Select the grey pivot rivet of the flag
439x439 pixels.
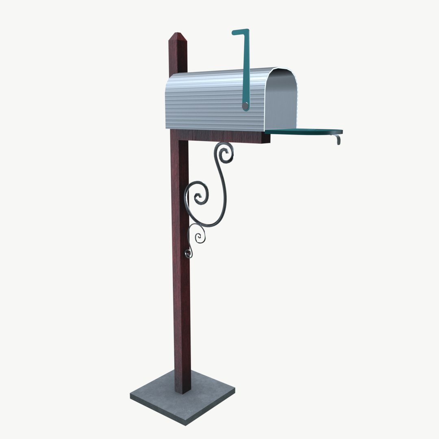[x=245, y=106]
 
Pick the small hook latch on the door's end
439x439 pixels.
[x=337, y=139]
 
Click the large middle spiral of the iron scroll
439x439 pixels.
[x=199, y=196]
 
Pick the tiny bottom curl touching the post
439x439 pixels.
[x=188, y=254]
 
